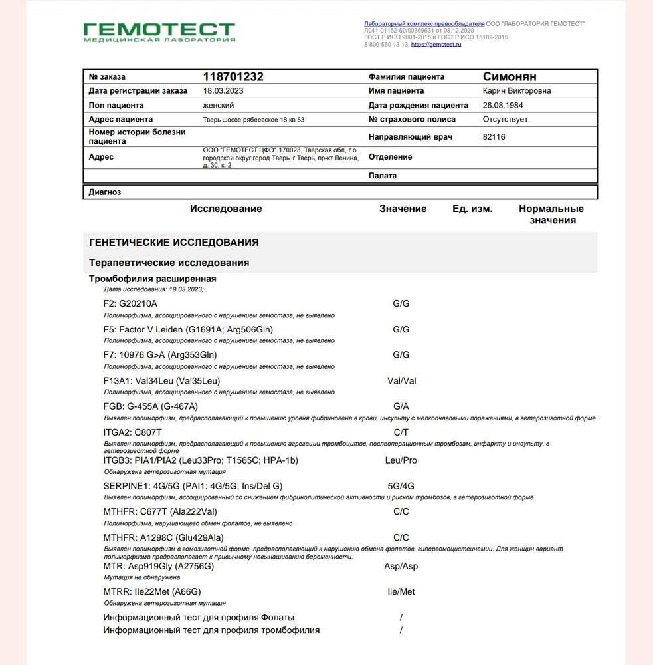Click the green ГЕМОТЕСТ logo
click(159, 31)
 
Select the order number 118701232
click(233, 77)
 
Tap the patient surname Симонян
click(510, 77)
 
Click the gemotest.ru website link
click(436, 45)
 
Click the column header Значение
click(403, 209)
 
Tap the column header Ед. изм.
click(472, 209)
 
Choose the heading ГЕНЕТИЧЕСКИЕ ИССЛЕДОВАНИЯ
click(173, 243)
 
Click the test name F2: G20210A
click(130, 304)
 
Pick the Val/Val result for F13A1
click(401, 382)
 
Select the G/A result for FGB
click(401, 406)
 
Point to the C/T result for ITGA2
click(401, 433)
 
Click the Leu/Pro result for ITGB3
click(401, 460)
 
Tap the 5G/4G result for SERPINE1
click(401, 486)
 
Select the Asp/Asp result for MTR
click(401, 567)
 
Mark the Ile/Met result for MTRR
click(401, 592)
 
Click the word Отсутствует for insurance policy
click(505, 120)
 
